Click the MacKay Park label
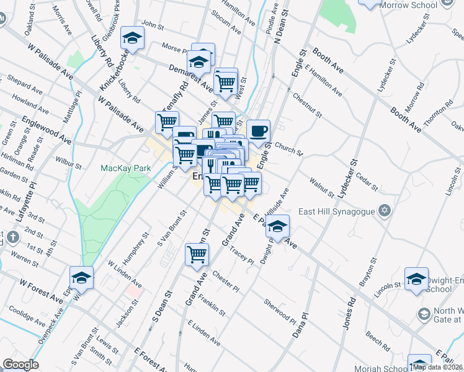tap(126, 168)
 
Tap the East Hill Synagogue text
tap(337, 211)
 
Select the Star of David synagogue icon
tap(385, 211)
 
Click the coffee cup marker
tap(259, 131)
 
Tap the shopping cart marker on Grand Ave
tap(197, 254)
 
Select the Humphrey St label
tap(137, 244)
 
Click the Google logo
tap(20, 365)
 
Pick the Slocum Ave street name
tap(226, 22)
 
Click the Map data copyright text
tap(438, 367)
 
